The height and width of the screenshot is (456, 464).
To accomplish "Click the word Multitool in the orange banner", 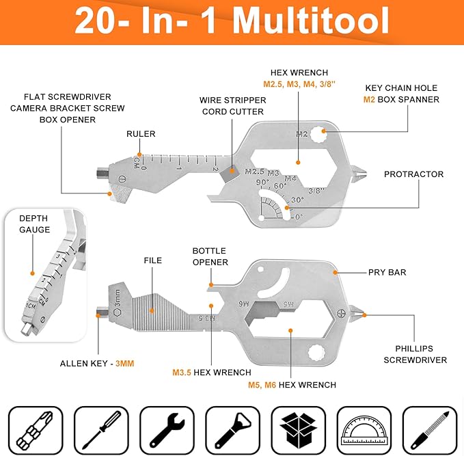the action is pos(311,21).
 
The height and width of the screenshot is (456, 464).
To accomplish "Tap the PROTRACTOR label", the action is pos(413,174).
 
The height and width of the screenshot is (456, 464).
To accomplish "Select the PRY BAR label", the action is pos(387,272).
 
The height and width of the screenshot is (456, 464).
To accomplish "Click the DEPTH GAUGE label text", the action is pos(34,224).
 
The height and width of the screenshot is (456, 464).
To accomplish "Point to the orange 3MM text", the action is pos(124,363).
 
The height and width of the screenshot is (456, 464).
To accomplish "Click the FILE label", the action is pos(152,260).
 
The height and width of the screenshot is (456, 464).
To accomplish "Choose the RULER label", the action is pos(141,134).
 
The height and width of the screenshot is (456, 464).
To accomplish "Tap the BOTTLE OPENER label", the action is pos(210,256).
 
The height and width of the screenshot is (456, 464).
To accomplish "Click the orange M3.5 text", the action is pos(182,372).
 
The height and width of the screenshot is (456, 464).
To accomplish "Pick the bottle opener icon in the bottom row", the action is pos(233,431).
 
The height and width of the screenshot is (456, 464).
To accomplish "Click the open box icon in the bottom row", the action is pos(298,431).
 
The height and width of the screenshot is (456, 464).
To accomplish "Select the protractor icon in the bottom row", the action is pos(364,431).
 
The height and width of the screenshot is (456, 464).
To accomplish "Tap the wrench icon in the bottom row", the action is pos(167,431).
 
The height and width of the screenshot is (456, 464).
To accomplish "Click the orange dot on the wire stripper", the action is pos(232,171).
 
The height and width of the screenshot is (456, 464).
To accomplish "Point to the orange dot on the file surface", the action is pos(152,310).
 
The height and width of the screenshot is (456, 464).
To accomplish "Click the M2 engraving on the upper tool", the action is pos(302,134).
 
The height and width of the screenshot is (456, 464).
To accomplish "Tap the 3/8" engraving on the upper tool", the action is pos(316,191).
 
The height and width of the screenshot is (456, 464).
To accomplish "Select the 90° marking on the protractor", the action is pos(263,182).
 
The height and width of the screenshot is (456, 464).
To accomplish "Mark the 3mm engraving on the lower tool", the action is pos(118,298).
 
